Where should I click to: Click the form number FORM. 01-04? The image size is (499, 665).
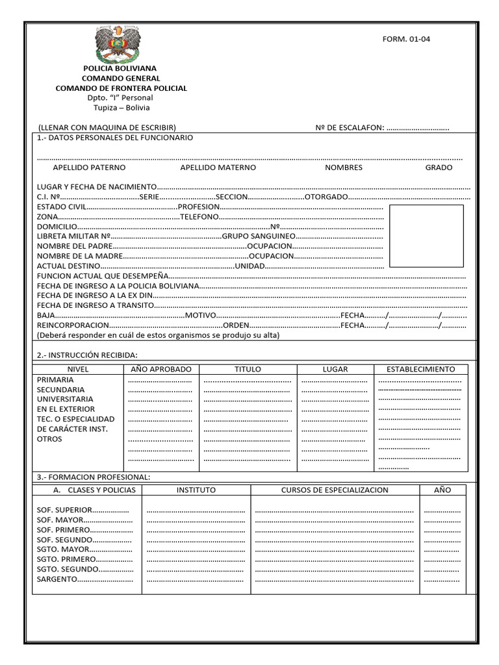click(406, 39)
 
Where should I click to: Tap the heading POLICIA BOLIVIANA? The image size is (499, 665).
click(120, 68)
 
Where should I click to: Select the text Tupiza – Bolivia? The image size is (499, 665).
click(121, 108)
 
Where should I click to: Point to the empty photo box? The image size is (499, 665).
click(426, 235)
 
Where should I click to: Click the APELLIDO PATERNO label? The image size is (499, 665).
click(89, 168)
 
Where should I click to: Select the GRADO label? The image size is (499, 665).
click(439, 168)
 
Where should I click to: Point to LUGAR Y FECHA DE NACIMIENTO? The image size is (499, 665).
click(97, 187)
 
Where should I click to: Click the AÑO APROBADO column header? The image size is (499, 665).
click(161, 369)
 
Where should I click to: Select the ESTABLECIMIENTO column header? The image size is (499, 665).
click(420, 369)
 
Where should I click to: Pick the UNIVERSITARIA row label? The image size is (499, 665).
click(65, 399)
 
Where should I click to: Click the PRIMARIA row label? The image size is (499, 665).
click(55, 379)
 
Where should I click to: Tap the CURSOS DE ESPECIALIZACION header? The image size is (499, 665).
click(335, 490)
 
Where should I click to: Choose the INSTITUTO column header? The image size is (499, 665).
click(196, 490)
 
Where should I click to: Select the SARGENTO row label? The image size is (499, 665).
click(58, 579)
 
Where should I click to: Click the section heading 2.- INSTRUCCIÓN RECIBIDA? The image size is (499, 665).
click(87, 355)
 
